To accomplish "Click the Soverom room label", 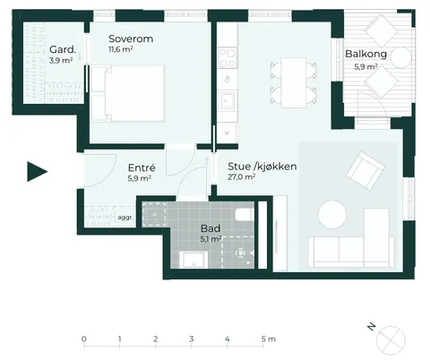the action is click(131, 39).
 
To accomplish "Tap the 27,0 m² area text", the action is click(241, 176).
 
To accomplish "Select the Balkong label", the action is click(365, 54).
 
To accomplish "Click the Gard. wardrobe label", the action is click(63, 49).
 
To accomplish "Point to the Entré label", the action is click(142, 167).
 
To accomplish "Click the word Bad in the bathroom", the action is click(211, 228).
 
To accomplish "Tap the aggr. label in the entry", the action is click(125, 218).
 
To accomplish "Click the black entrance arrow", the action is click(37, 171).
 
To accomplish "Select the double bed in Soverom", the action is click(128, 93).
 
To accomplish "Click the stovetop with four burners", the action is click(228, 58).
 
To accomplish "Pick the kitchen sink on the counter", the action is click(227, 99).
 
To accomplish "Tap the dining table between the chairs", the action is click(294, 82).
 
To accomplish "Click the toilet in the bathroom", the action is click(245, 215).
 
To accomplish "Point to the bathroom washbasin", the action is click(193, 260).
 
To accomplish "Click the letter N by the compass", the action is click(371, 327).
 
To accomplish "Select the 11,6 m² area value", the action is click(121, 49).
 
